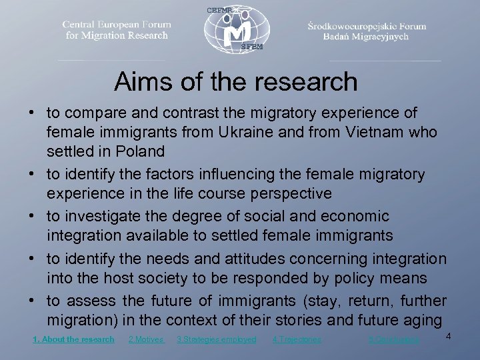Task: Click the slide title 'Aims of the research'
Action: click(235, 82)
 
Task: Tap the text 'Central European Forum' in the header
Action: click(117, 24)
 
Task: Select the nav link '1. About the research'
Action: click(73, 339)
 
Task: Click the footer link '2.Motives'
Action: click(145, 339)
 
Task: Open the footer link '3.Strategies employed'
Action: click(217, 339)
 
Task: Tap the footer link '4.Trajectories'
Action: click(297, 339)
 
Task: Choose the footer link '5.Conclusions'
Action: click(394, 339)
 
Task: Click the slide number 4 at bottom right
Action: click(448, 335)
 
